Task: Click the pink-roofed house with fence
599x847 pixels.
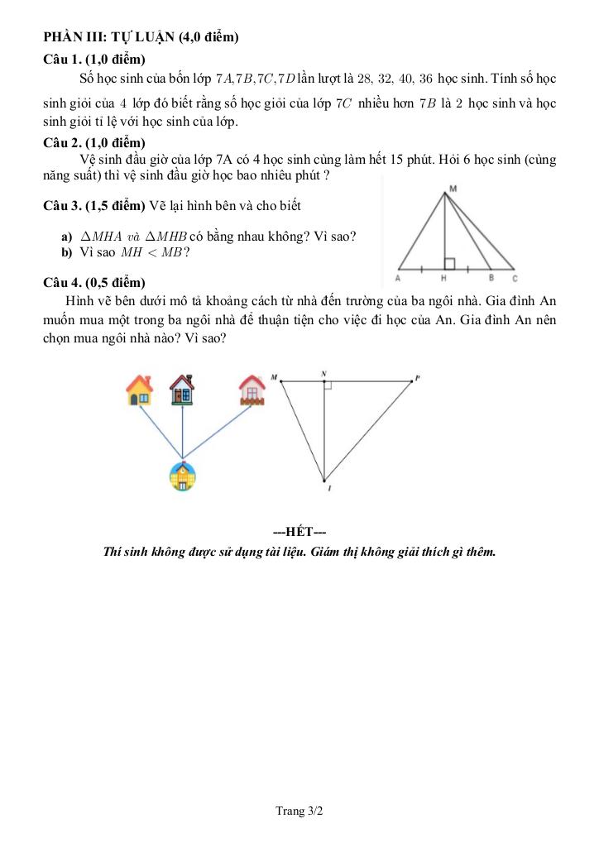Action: (x=251, y=390)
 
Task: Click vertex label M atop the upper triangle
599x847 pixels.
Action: (x=452, y=189)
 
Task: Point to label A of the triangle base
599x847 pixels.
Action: (x=398, y=279)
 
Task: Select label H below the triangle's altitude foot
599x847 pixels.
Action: (x=444, y=279)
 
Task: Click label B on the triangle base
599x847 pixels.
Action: (x=491, y=279)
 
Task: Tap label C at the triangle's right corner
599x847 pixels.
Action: (x=515, y=279)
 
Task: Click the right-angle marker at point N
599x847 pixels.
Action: (x=328, y=385)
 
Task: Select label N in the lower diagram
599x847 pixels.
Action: (x=323, y=374)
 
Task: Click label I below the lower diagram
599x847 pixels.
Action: (x=329, y=490)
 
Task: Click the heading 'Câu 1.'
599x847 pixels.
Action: (x=64, y=59)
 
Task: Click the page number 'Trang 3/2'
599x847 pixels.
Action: (x=299, y=811)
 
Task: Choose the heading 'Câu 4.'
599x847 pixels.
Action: (x=64, y=281)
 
